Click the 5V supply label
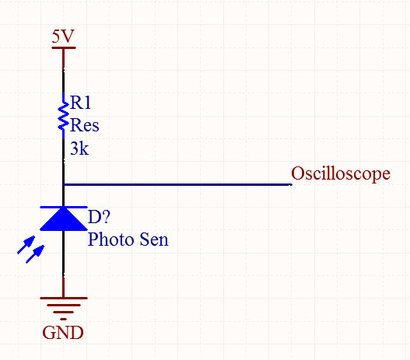click(63, 36)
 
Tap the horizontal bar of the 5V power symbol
click(64, 47)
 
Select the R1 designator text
click(81, 102)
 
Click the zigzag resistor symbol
click(63, 116)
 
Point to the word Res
click(85, 125)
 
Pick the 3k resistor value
click(79, 149)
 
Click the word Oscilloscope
click(341, 173)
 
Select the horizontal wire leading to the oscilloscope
click(178, 185)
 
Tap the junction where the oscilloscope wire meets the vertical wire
click(64, 185)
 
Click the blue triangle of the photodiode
click(64, 220)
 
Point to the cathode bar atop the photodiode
click(64, 207)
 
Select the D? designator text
click(99, 217)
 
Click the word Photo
click(111, 239)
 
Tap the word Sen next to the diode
click(154, 239)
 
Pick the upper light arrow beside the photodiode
click(26, 245)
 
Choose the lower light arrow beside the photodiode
click(35, 254)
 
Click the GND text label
click(63, 333)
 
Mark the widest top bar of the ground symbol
click(64, 298)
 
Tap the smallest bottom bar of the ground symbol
click(63, 319)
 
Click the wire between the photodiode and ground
click(64, 264)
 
